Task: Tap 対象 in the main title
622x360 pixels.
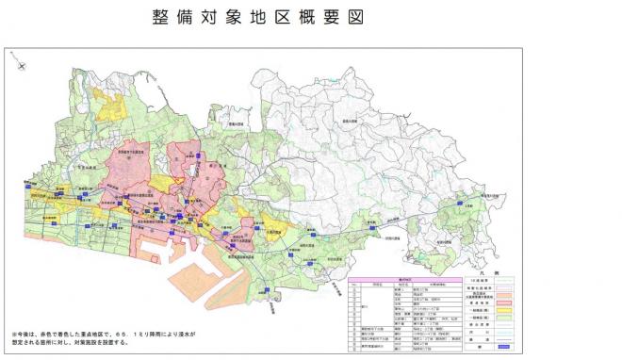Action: (220, 18)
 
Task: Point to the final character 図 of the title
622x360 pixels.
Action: (354, 18)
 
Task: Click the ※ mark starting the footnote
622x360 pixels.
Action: (14, 335)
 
